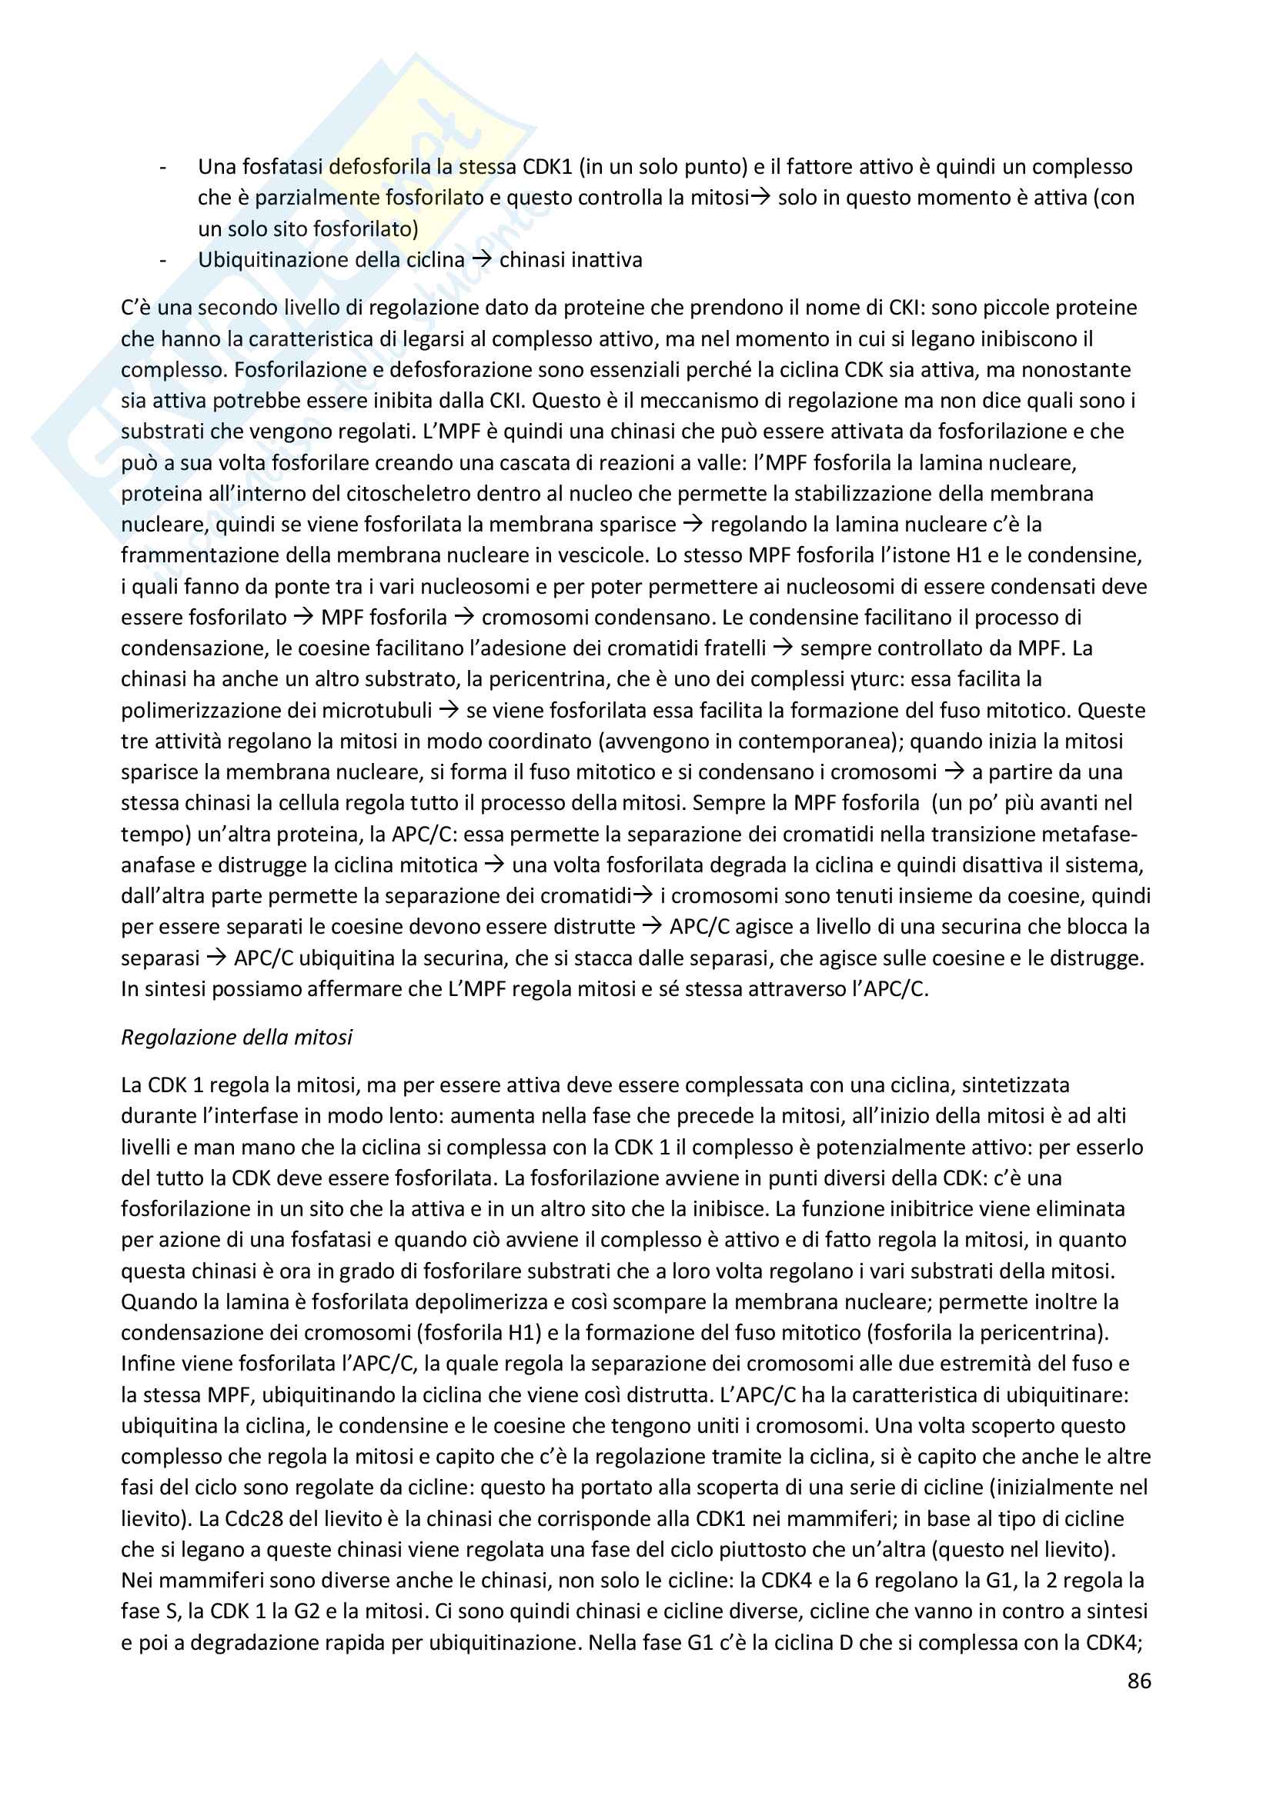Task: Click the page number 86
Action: click(1139, 1681)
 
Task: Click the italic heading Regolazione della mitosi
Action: click(236, 1037)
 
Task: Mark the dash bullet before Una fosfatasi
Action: click(163, 167)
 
